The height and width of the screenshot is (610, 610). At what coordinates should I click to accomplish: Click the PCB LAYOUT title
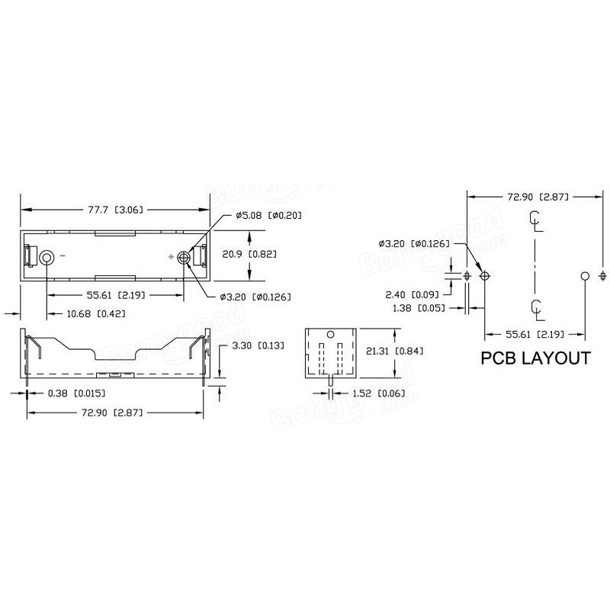(x=535, y=358)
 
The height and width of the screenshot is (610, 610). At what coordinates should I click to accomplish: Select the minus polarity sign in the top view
(x=63, y=257)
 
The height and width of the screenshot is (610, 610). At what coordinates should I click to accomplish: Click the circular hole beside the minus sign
(x=47, y=258)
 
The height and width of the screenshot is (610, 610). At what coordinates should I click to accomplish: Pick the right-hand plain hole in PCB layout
(x=585, y=275)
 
